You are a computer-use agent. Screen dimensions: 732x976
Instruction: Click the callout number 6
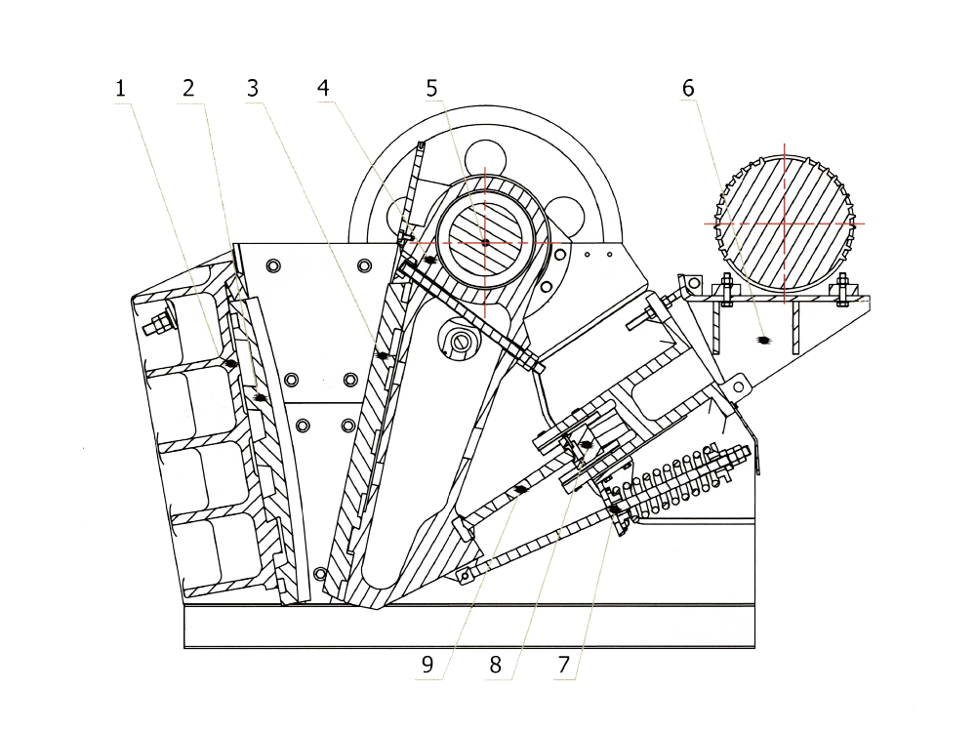[x=689, y=88]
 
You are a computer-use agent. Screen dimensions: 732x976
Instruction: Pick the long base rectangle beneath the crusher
[x=468, y=626]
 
